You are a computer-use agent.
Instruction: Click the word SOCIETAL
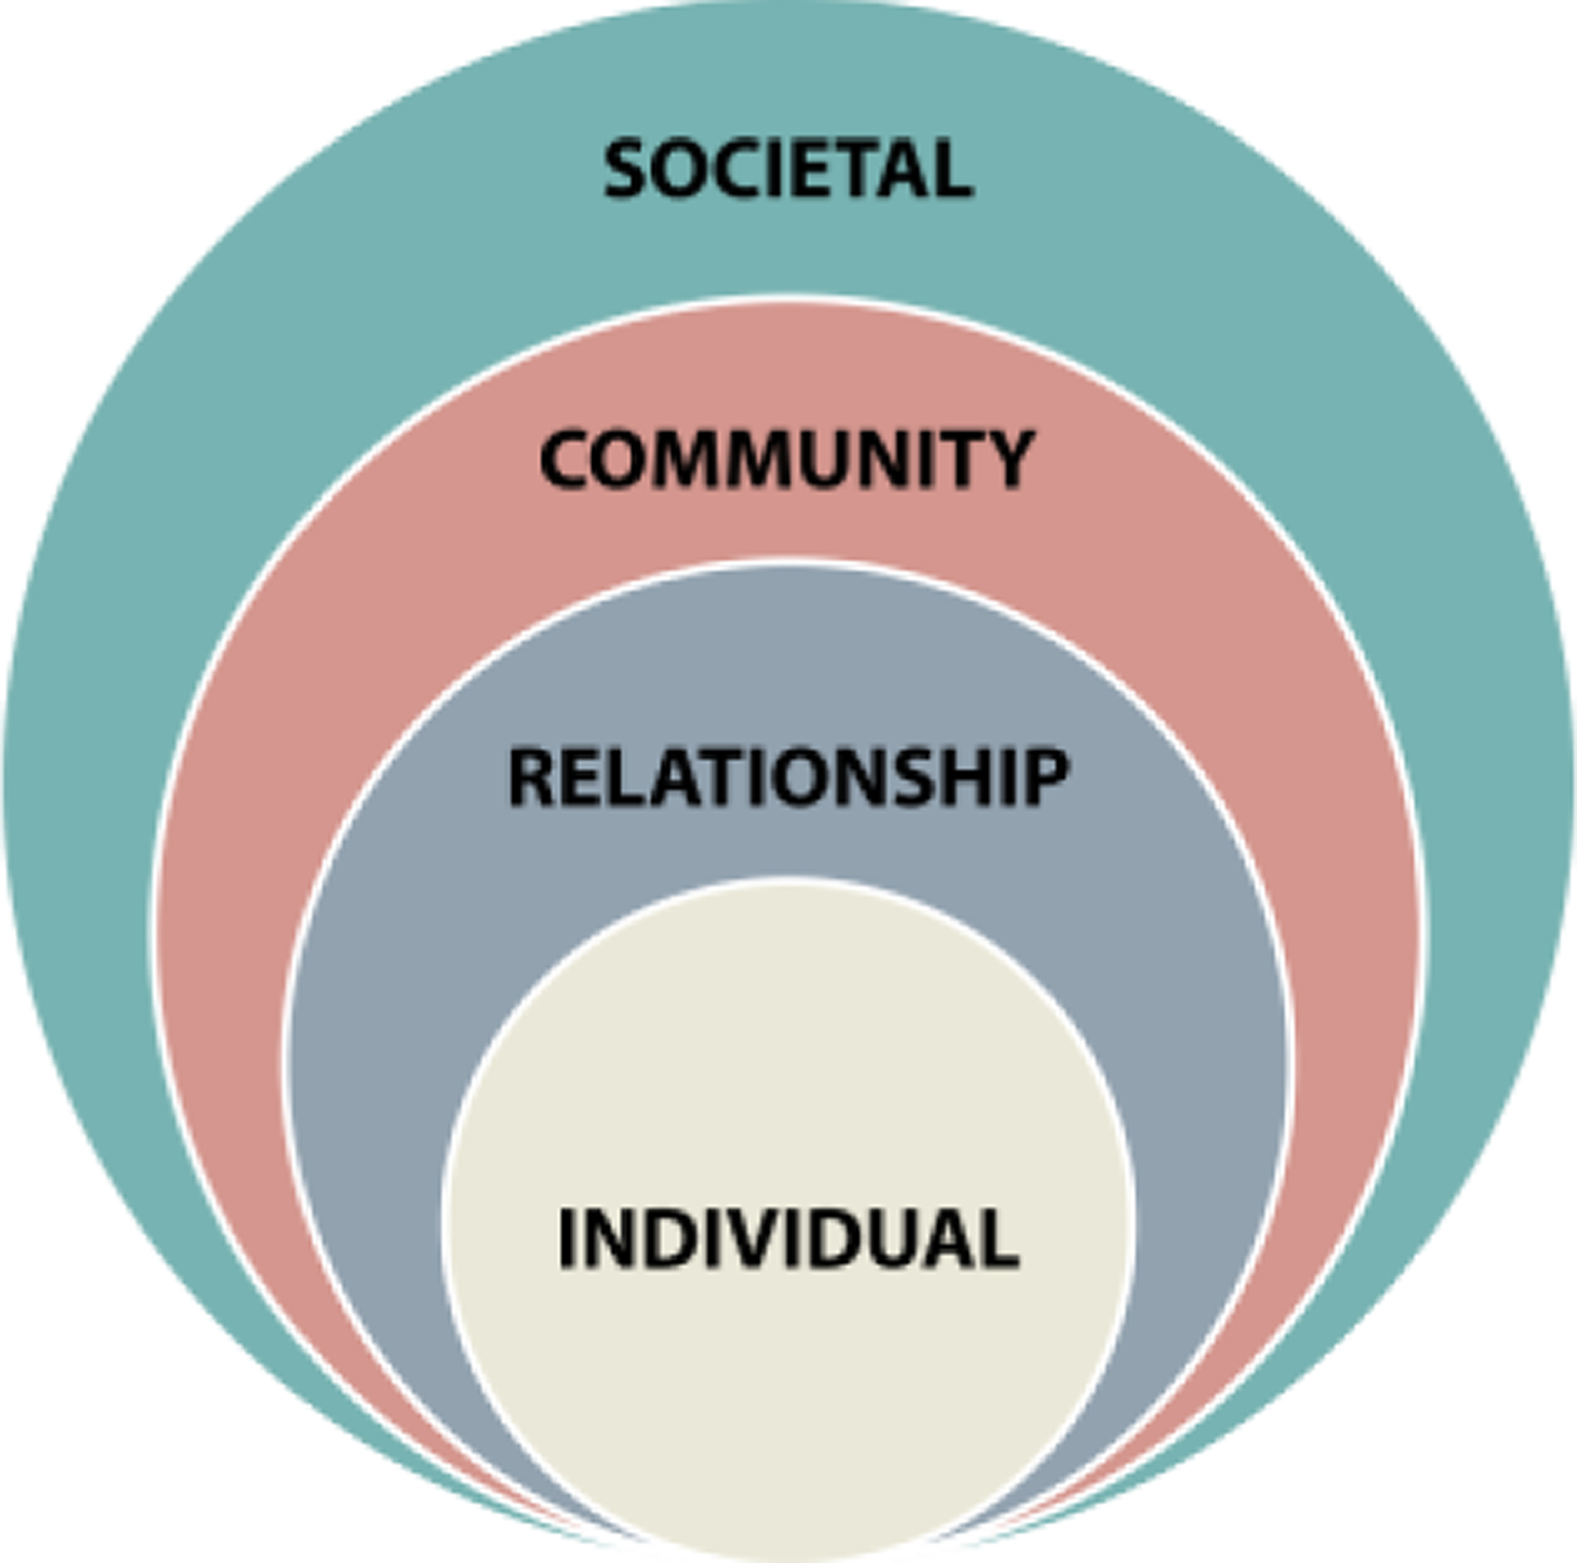(x=788, y=169)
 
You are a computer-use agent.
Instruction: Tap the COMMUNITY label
(x=787, y=459)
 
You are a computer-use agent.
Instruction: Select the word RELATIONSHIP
(x=788, y=776)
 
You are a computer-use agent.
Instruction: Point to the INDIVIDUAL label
(x=788, y=1237)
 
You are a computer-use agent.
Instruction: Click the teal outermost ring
(x=219, y=438)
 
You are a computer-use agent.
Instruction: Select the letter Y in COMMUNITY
(x=1009, y=459)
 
